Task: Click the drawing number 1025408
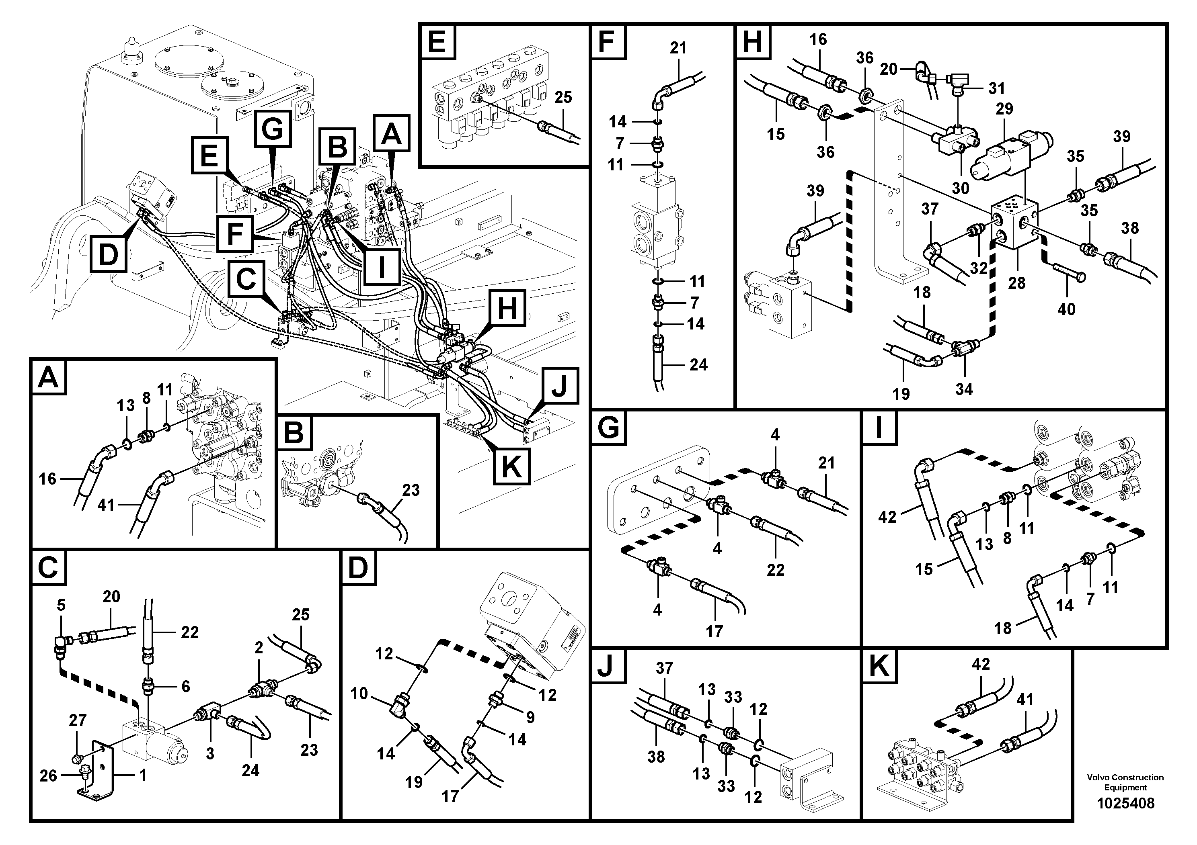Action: click(1125, 803)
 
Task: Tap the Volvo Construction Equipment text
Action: click(1125, 782)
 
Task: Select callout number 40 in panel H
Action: click(1066, 309)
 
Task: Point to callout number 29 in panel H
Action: click(1004, 108)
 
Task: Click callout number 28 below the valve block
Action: click(1016, 283)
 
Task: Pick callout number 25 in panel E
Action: click(563, 97)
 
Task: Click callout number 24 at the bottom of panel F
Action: click(698, 365)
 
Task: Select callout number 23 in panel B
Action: click(411, 490)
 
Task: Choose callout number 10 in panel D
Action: click(359, 694)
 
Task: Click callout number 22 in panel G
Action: click(775, 569)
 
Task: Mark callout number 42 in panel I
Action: click(887, 517)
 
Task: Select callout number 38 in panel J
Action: click(656, 757)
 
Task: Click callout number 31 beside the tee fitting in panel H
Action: click(996, 88)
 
